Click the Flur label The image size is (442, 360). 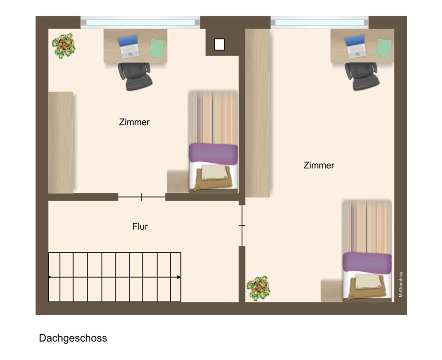click(140, 226)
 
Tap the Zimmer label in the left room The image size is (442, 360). click(134, 122)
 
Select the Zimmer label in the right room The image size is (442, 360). click(319, 165)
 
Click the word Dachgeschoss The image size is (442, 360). click(73, 338)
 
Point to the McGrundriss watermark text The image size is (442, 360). click(400, 284)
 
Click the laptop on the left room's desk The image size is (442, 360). click(129, 46)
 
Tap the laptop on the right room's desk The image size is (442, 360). click(356, 46)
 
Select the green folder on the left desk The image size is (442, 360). click(157, 48)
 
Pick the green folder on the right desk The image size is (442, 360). click(384, 48)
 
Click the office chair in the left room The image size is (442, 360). click(135, 76)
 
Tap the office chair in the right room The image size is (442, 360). click(362, 76)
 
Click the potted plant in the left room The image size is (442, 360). click(64, 46)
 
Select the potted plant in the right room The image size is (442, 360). click(258, 288)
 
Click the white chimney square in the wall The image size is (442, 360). click(219, 44)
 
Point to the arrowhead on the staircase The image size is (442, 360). click(179, 277)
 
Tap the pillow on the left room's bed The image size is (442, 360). click(215, 172)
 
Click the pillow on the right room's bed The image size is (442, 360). click(368, 281)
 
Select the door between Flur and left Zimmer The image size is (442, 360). click(142, 197)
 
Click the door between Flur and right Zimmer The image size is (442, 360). click(242, 226)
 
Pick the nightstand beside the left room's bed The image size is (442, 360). click(178, 181)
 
